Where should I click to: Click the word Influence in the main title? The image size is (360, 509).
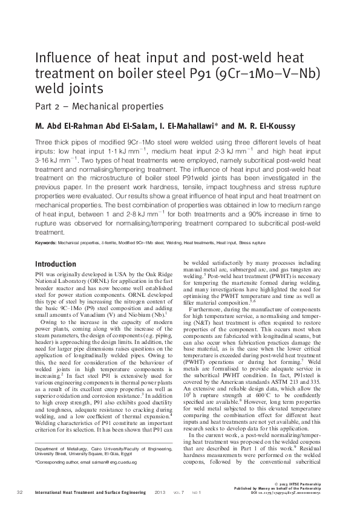pos(59,59)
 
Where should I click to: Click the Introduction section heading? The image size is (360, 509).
pos(56,264)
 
